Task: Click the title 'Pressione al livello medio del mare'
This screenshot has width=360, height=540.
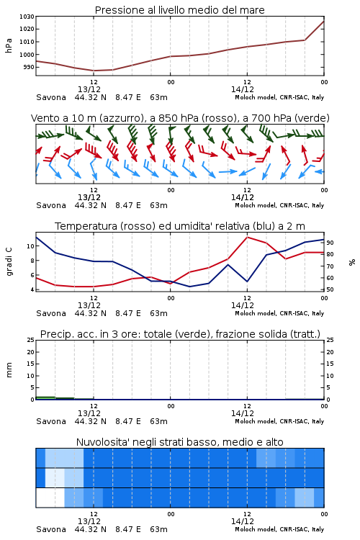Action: coord(179,10)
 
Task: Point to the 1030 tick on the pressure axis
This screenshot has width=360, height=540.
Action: coord(27,17)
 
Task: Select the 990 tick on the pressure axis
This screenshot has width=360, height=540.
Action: coord(29,67)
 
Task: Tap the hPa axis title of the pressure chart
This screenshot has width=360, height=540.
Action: coord(9,45)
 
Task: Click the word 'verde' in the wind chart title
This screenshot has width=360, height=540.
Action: coord(311,118)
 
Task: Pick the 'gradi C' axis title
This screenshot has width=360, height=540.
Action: coord(9,261)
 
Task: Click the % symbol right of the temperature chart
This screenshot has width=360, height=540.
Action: coord(352,262)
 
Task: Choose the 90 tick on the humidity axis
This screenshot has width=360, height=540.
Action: coord(330,243)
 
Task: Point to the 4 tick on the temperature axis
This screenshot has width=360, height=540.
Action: coord(32,289)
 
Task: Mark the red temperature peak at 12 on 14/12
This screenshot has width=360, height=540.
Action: coord(248,237)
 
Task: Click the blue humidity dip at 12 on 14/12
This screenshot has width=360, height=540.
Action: coord(248,282)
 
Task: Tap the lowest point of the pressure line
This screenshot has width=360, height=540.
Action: coord(94,71)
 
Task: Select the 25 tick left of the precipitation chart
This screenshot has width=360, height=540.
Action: coord(31,340)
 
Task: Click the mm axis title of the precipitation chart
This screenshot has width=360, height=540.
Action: coord(9,369)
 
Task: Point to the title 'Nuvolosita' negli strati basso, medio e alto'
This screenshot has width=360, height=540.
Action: coord(179,442)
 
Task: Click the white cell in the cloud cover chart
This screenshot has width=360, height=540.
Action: coord(50,498)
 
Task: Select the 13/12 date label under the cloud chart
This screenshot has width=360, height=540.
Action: coord(89,521)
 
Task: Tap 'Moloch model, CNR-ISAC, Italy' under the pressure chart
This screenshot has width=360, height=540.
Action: coord(279,97)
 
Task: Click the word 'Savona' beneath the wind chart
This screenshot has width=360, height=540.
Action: coord(51,206)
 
